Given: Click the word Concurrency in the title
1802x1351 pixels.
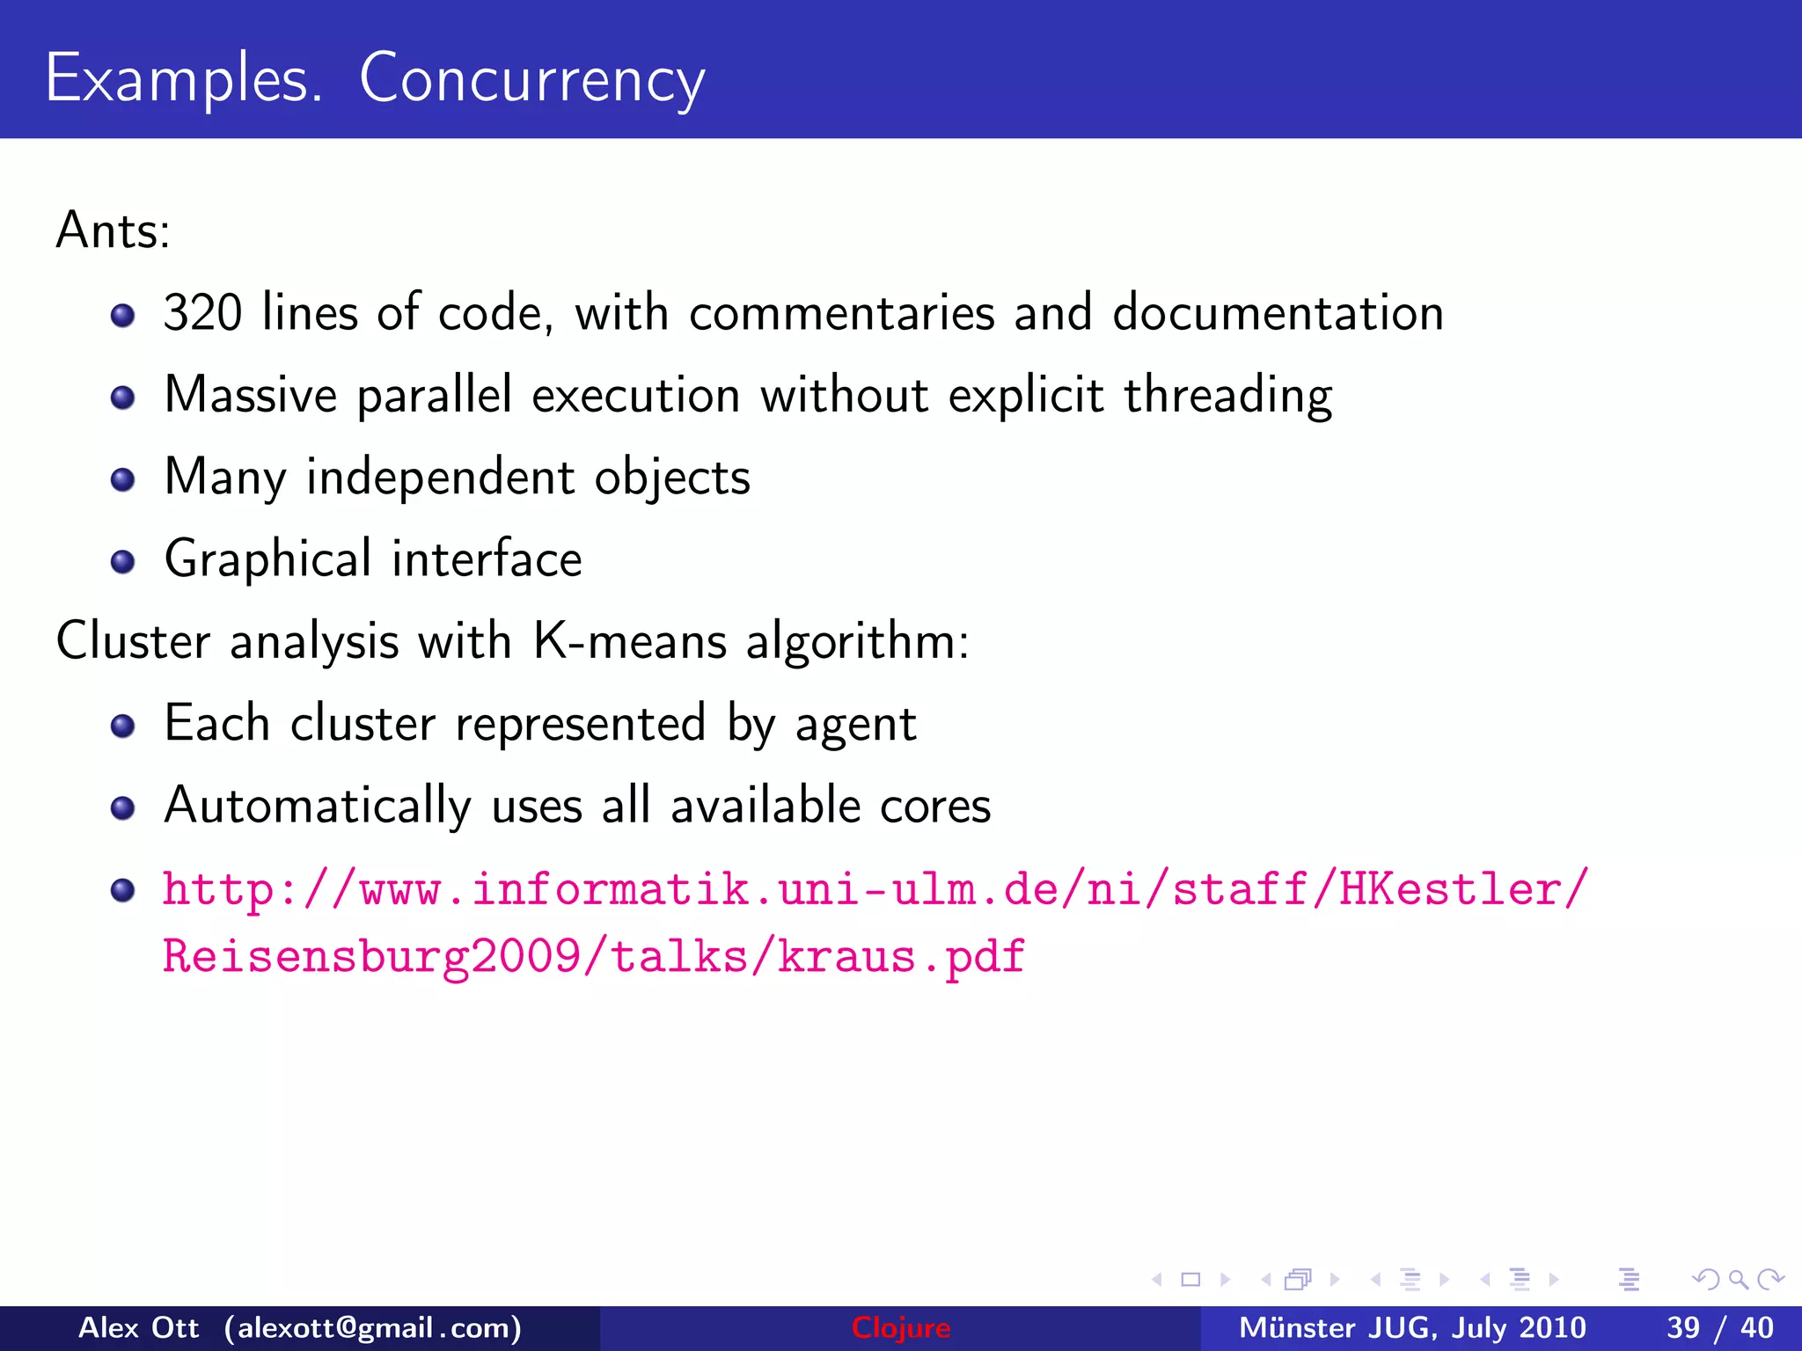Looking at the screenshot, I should click(531, 79).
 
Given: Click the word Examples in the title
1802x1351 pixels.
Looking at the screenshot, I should click(183, 79).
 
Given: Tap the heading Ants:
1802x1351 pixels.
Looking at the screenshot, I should click(113, 230).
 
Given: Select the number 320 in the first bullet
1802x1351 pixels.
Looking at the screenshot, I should click(202, 312).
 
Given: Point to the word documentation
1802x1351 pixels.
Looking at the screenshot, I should click(1278, 312).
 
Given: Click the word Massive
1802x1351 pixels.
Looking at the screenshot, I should click(251, 394).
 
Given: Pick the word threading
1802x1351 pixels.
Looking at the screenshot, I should click(1227, 396).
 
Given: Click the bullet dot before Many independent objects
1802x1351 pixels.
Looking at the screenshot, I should click(123, 479).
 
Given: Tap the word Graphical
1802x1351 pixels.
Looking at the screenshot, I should click(268, 559).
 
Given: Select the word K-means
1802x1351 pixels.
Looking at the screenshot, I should click(630, 640).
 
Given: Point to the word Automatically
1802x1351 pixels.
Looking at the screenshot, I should click(318, 806).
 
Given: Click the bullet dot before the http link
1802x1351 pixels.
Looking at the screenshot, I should click(123, 890).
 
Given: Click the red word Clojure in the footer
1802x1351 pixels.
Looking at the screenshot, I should click(901, 1327).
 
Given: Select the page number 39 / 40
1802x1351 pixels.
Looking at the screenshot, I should click(1719, 1327).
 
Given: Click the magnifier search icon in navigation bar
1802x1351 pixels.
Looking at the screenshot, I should click(1738, 1279).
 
